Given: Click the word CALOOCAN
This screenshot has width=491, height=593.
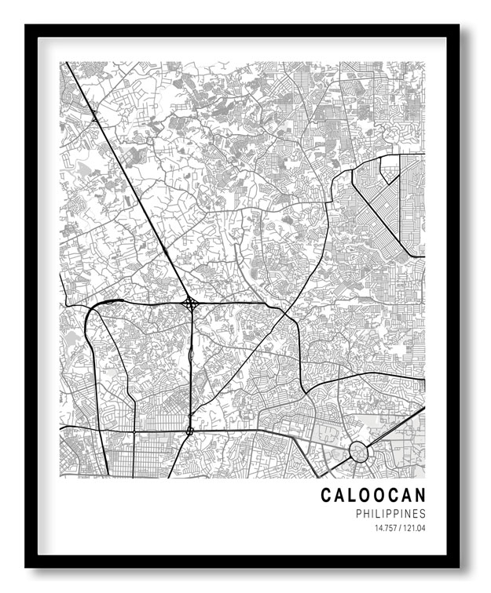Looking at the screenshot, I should point(372,495).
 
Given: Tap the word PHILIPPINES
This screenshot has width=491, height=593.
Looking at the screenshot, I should point(390,514).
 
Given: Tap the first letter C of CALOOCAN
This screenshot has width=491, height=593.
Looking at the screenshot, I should point(325,495).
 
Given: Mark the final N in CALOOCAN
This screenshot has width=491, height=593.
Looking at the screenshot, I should point(420,495).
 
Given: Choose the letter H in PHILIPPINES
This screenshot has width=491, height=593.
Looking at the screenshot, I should point(368,514).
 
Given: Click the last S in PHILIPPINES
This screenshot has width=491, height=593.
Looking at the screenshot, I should point(423,514).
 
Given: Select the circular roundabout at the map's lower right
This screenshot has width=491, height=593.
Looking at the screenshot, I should point(358,452).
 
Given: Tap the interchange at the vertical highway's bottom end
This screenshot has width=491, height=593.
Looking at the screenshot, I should point(189,430).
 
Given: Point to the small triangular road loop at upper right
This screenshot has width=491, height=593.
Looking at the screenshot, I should point(389,168).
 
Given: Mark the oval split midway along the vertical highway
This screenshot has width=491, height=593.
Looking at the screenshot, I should point(191,358).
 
